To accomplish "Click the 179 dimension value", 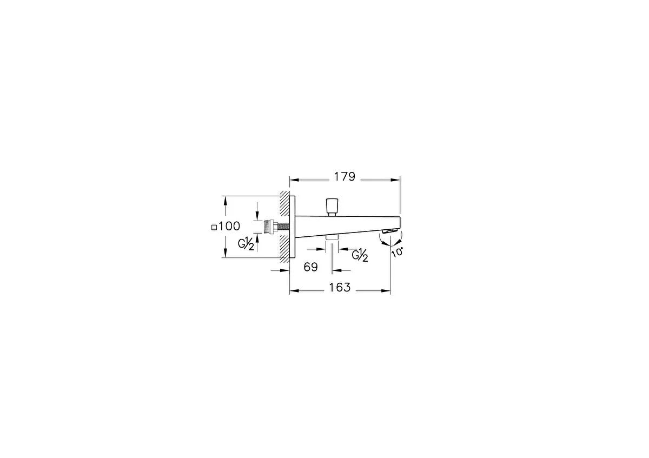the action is (345, 176).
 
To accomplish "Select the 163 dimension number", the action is (340, 287).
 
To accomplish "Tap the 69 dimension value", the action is (310, 267).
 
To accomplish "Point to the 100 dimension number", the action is (229, 226).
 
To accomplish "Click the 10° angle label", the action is (398, 252).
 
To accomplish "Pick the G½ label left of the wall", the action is (246, 244).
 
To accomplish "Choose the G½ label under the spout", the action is (360, 256).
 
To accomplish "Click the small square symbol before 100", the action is (214, 228).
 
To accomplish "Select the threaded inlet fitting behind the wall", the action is (270, 227).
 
